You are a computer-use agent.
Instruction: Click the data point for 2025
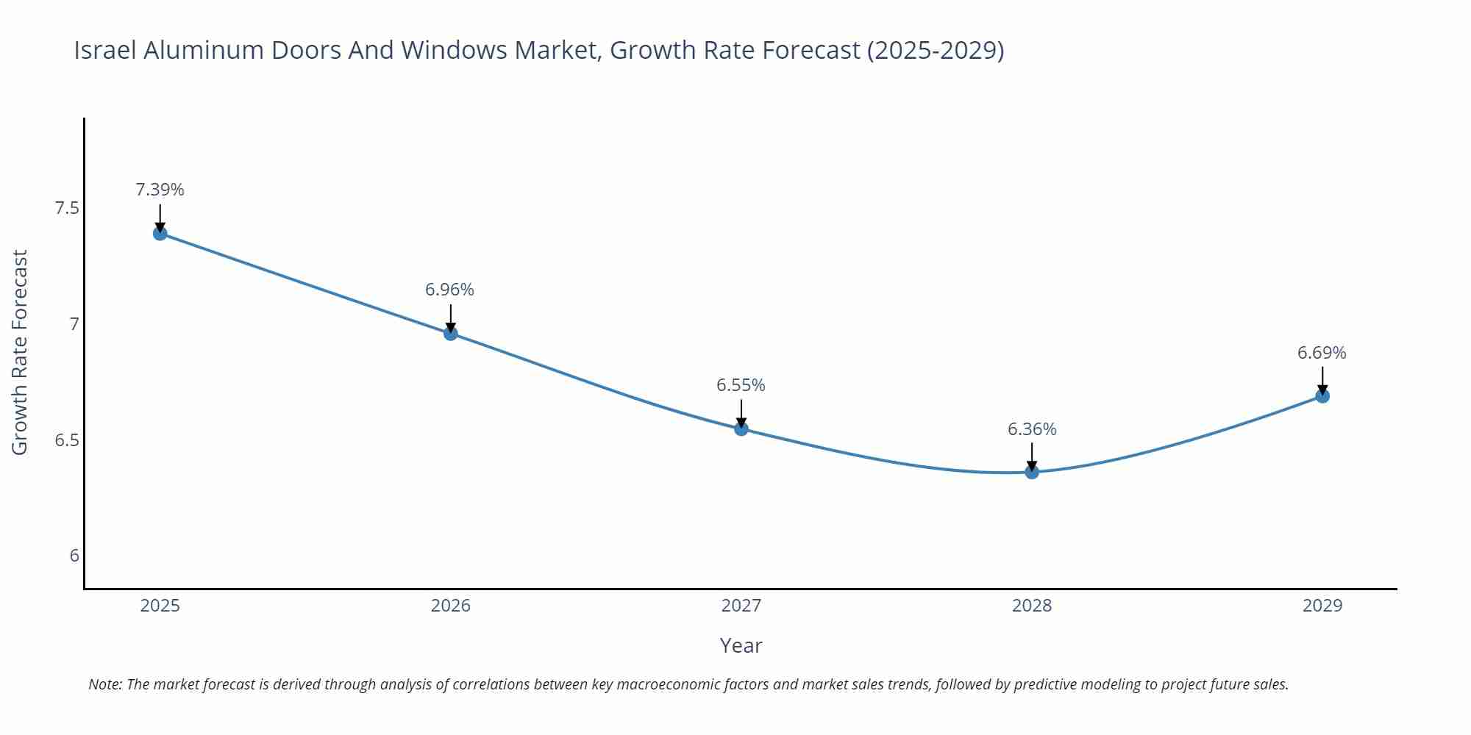[160, 234]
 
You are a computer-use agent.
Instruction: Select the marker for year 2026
[451, 334]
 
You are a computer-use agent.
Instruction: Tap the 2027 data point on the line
[741, 429]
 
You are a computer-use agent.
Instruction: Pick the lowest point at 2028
[1032, 472]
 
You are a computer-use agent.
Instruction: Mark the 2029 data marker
[1322, 396]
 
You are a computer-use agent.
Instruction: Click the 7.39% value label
[160, 190]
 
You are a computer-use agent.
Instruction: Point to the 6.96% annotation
[449, 290]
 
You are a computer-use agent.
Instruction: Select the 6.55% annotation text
[741, 385]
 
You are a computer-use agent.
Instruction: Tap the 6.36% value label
[1032, 429]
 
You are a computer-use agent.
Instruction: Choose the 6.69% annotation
[1322, 353]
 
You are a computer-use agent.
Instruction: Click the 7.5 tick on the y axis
[67, 208]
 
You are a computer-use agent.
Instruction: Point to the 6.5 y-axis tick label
[67, 440]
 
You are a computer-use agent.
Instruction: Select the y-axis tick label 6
[74, 556]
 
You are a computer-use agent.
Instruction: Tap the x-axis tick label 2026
[451, 606]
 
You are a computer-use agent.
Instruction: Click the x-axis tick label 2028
[1032, 606]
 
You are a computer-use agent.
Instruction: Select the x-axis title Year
[741, 645]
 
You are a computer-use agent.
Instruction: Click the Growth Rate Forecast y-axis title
[20, 352]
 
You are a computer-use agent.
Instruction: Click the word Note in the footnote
[104, 684]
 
